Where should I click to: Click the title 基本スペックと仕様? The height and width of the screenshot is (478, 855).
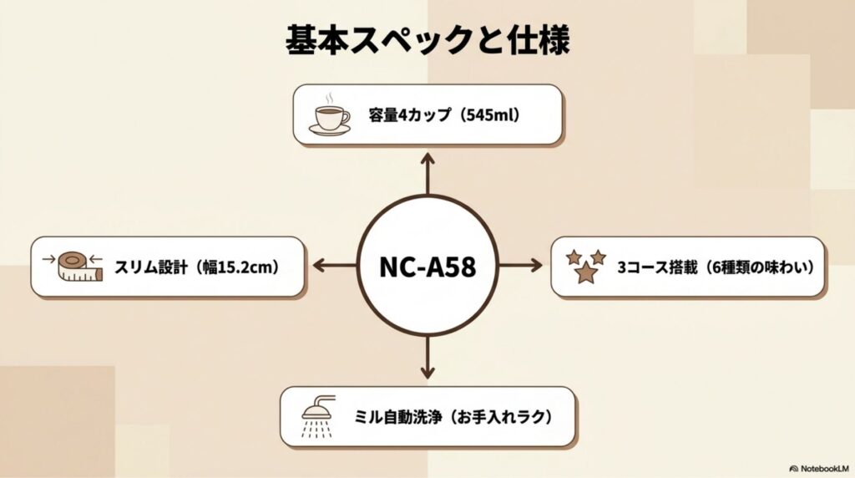coord(427,39)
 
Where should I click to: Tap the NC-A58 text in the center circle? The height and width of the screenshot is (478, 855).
coord(427,267)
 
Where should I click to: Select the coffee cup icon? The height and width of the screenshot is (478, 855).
coord(330,119)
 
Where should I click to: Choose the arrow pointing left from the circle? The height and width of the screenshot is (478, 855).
coord(334,267)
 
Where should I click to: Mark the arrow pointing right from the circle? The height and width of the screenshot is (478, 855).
coord(521,267)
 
